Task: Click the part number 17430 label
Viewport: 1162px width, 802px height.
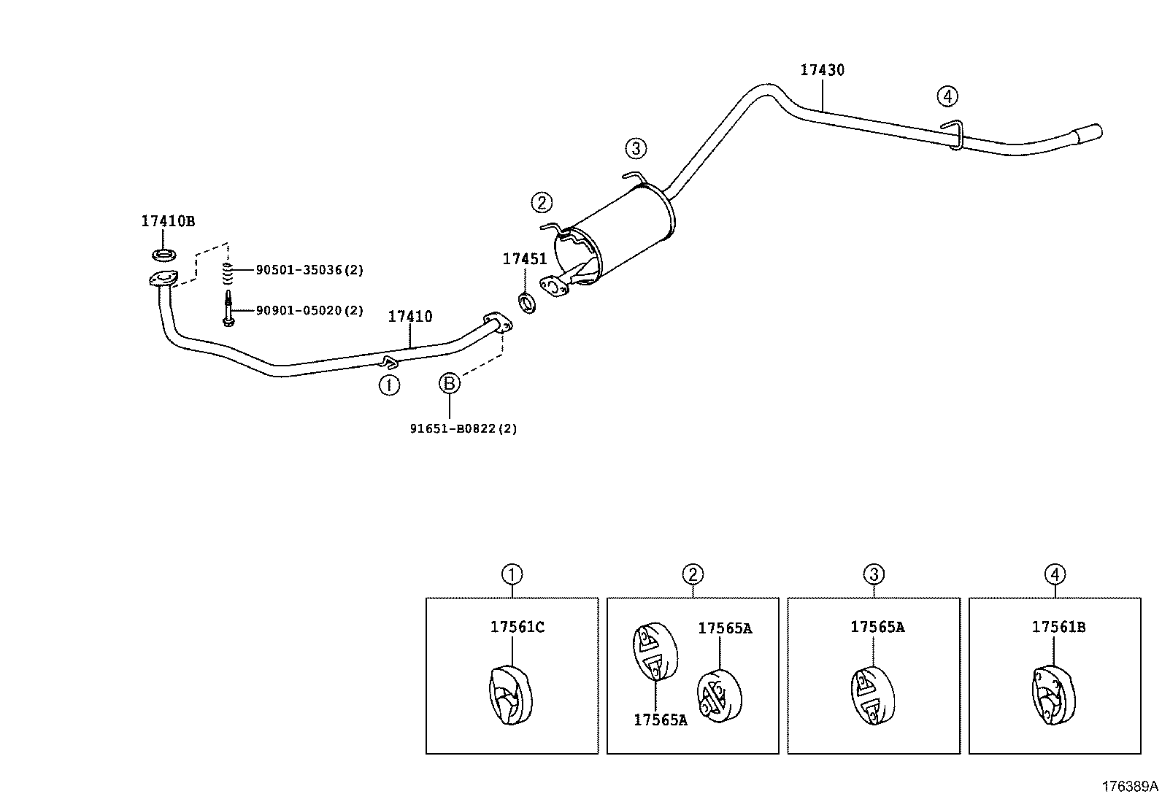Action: pos(822,70)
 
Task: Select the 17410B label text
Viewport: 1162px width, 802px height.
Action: pos(168,221)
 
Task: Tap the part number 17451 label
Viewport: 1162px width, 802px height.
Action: pos(524,258)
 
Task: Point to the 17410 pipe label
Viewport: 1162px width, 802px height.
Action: pos(409,317)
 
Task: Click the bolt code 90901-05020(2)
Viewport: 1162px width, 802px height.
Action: pos(309,311)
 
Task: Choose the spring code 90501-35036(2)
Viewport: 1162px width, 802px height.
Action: pos(309,270)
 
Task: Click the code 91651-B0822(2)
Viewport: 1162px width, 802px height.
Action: pos(463,429)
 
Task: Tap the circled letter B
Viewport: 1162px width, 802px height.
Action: pos(449,383)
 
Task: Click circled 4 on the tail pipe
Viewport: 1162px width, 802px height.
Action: pos(947,96)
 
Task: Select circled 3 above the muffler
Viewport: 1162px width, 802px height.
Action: pos(635,149)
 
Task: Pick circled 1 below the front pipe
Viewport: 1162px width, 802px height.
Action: pos(389,385)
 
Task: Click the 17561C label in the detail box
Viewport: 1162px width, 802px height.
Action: pos(517,627)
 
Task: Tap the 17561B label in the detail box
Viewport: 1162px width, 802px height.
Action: pos(1058,627)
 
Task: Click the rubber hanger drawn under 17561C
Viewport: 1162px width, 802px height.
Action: pos(509,696)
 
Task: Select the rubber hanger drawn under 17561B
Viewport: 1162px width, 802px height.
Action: pos(1053,696)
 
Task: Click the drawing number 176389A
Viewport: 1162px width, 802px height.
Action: pos(1129,787)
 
